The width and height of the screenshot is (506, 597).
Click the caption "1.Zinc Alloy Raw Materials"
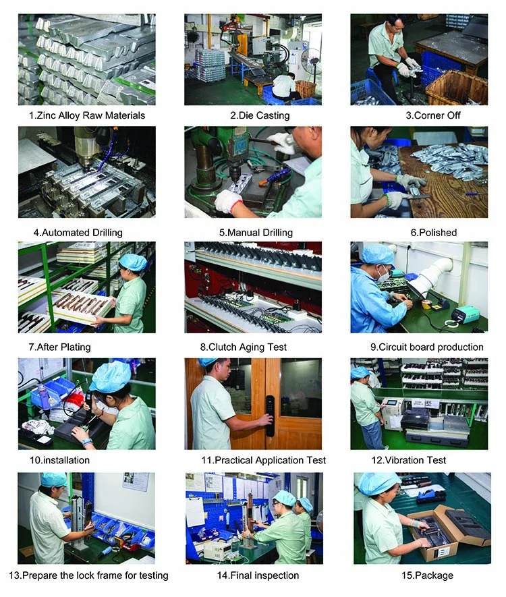[87, 115]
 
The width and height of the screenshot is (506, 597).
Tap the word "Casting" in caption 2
[272, 115]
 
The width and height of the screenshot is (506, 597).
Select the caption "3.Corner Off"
[433, 115]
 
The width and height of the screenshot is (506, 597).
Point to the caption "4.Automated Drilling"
[78, 232]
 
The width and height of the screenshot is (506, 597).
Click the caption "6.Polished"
[433, 232]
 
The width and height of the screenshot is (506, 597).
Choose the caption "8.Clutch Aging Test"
[244, 347]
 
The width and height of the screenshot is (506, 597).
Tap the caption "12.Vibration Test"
[409, 460]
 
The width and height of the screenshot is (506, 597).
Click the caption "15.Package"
[427, 575]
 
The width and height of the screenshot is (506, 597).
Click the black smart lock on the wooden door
[270, 416]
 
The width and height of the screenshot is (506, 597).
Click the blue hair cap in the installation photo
[110, 376]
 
